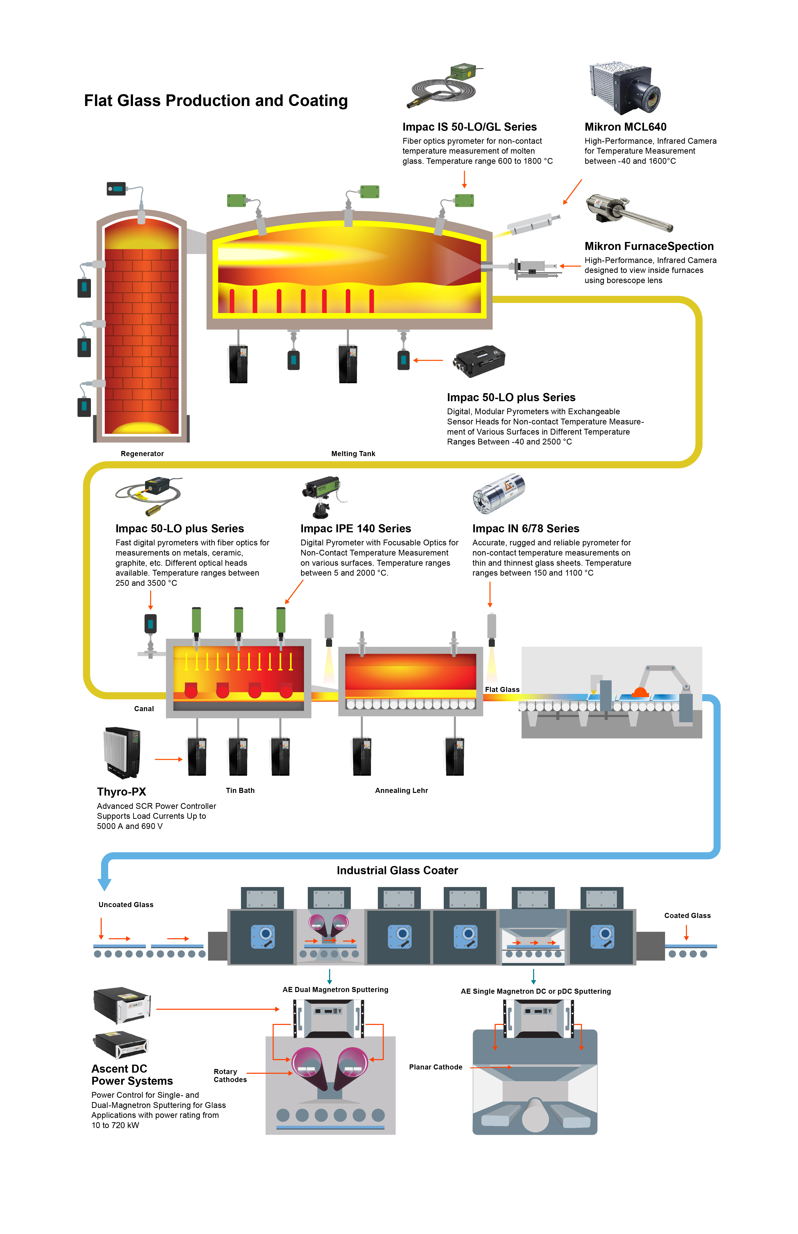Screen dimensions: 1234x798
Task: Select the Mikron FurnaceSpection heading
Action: coord(649,246)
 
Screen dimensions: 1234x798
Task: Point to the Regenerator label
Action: coord(142,454)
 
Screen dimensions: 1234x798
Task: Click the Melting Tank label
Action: coord(353,454)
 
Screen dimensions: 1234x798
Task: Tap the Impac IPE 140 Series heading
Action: coord(355,528)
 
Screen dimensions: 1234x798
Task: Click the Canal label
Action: coord(144,709)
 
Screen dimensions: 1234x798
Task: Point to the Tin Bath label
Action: coord(240,791)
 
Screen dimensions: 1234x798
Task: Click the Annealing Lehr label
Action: coord(401,791)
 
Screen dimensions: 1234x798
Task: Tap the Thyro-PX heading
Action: coord(121,792)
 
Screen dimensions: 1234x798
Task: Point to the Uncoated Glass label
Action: coord(126,905)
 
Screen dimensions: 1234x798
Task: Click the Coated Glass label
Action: coord(687,916)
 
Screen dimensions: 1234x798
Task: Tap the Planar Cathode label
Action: coord(435,1067)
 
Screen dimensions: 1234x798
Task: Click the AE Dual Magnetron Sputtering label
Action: coord(335,990)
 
